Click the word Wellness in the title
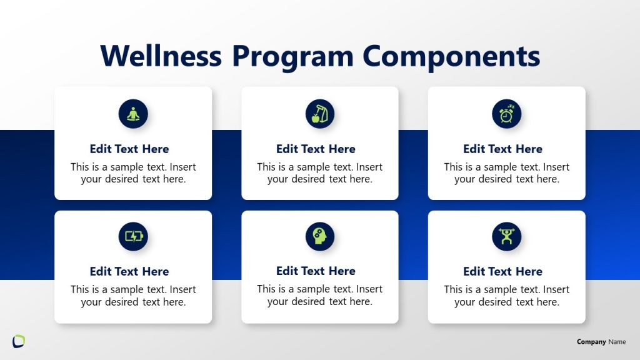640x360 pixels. (161, 56)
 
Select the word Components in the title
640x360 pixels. (451, 56)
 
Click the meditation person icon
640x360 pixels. (133, 114)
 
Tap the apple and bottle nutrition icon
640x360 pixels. (320, 114)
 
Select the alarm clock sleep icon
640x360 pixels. (506, 114)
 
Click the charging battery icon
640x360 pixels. (133, 236)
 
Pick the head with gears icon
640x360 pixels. (320, 236)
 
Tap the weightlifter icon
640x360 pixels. (506, 236)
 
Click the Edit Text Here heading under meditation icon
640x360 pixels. (129, 149)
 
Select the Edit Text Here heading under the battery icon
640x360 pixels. (129, 271)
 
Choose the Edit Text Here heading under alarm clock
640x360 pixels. (502, 149)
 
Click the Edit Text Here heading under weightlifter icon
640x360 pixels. (502, 271)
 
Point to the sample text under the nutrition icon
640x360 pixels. (319, 173)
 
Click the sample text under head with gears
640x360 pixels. (319, 295)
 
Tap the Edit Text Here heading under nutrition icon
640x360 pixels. (316, 149)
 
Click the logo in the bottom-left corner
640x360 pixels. (19, 341)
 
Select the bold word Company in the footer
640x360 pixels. (591, 342)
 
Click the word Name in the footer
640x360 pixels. (617, 342)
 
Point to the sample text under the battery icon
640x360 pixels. (133, 296)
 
